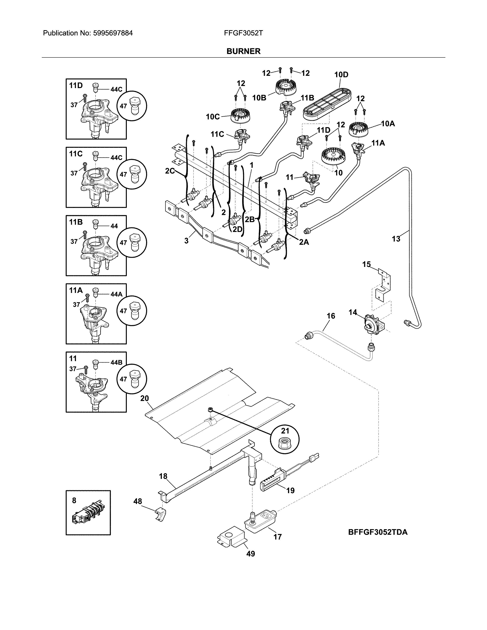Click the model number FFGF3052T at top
(x=243, y=33)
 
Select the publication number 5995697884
(x=113, y=33)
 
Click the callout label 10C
(x=213, y=117)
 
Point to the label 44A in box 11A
(x=116, y=294)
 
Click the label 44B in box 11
(x=116, y=363)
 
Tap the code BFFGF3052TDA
(x=378, y=532)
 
